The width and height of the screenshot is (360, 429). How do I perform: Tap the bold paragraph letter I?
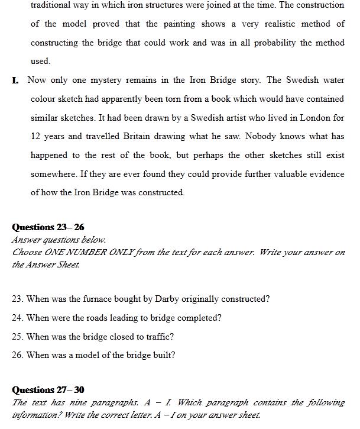(15, 80)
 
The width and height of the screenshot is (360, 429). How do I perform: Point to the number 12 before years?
(35, 136)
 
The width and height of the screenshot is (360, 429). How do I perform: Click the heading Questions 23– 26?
(48, 227)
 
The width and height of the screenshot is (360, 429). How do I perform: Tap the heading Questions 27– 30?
(48, 390)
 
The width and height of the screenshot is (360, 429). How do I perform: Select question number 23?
(17, 299)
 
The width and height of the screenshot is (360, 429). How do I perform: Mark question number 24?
(17, 318)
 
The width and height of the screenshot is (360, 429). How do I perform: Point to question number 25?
(17, 337)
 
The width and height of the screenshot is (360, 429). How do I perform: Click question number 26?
(17, 355)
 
